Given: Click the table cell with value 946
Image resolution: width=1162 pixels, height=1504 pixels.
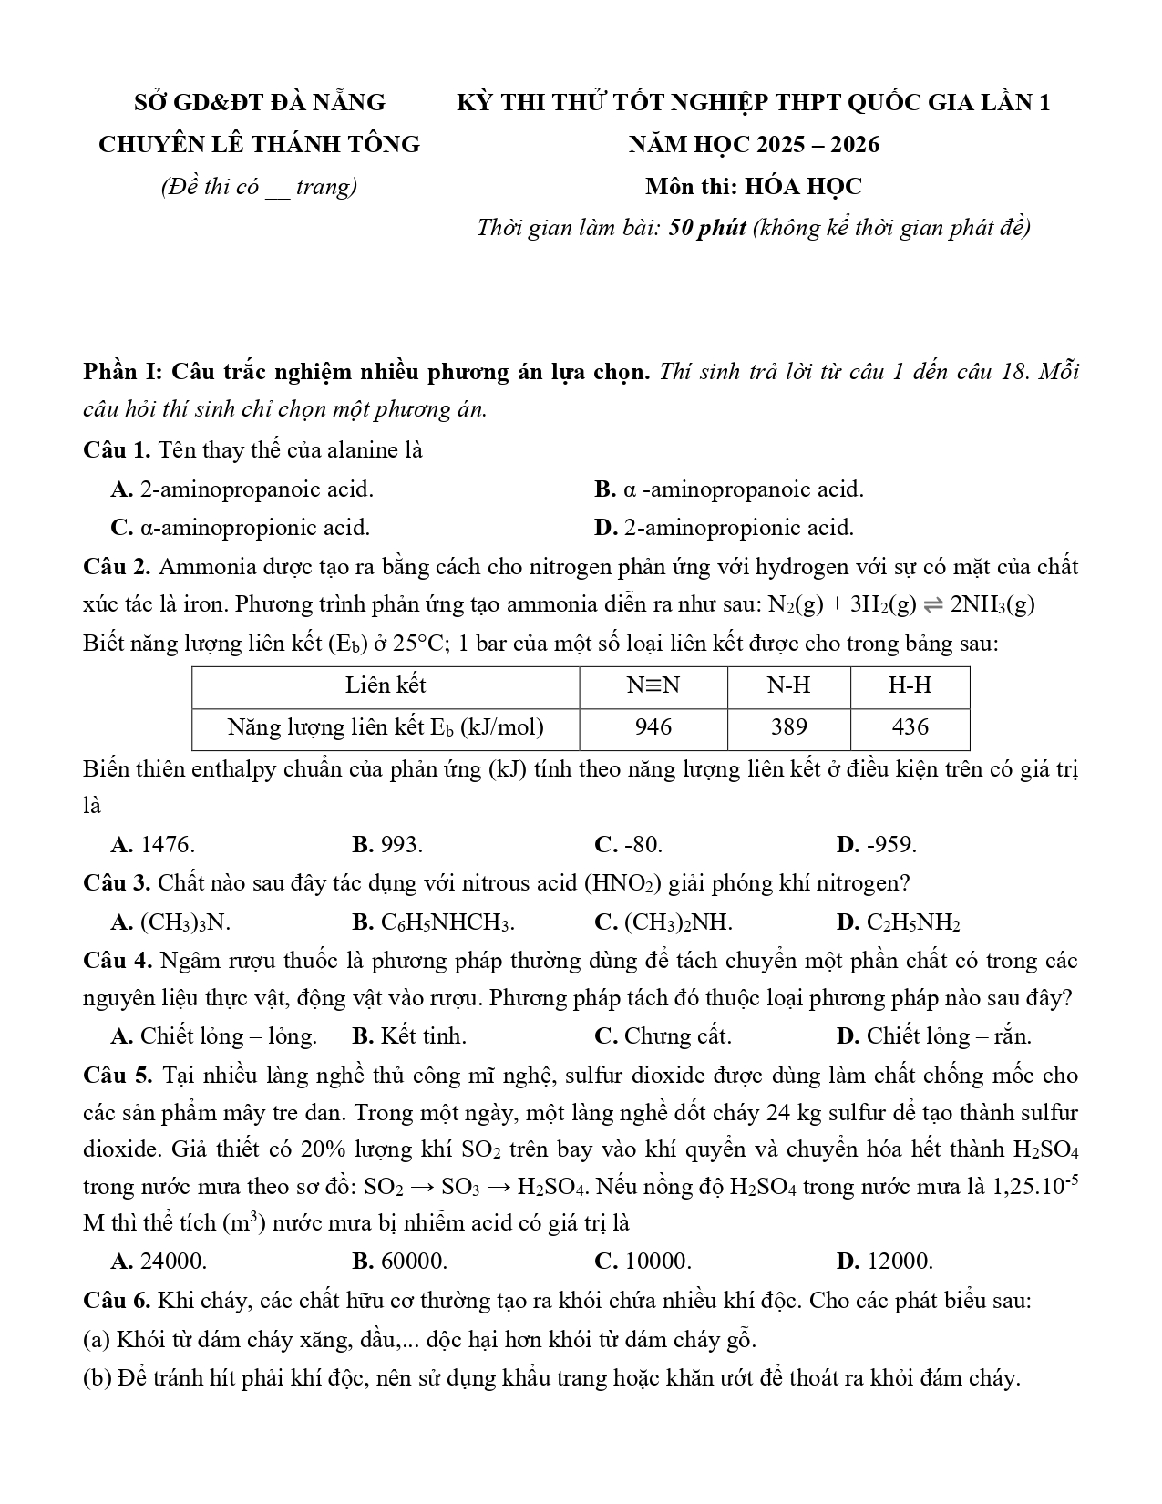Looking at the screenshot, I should (x=653, y=726).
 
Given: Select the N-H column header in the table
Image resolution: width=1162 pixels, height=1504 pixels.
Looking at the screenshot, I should (x=788, y=685).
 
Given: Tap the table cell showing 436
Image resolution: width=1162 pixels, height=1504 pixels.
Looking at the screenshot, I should (x=910, y=726).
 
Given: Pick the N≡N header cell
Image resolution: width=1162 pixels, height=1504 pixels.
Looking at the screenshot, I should (x=653, y=685).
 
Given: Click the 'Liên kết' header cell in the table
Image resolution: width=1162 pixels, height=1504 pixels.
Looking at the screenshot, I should (x=386, y=685).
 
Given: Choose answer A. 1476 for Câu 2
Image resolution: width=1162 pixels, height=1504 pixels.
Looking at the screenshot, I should (x=153, y=844).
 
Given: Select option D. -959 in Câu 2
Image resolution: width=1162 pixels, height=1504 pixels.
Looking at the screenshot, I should (x=876, y=844).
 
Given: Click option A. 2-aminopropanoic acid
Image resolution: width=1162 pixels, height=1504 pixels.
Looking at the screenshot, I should (x=242, y=489).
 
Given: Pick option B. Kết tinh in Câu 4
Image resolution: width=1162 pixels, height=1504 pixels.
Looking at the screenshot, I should (x=408, y=1036).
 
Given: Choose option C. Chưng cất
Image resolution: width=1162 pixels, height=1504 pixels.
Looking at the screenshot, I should (x=663, y=1036).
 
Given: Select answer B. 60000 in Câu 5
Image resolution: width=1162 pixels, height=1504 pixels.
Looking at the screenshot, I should (x=399, y=1262).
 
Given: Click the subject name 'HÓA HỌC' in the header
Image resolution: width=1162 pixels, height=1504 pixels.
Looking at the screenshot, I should (x=803, y=187).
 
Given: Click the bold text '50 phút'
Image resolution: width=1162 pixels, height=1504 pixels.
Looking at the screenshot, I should (x=707, y=227).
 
